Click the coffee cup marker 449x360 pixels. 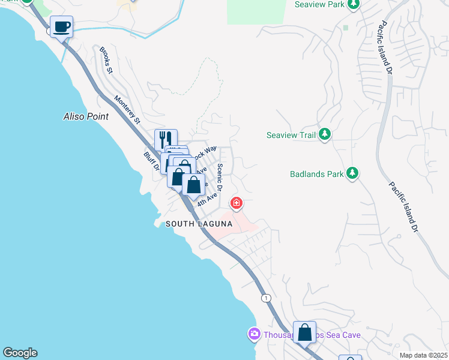pyautogui.click(x=62, y=27)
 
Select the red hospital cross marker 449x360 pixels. pyautogui.click(x=237, y=204)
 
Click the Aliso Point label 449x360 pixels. pyautogui.click(x=86, y=116)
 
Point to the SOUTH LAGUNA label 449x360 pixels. pyautogui.click(x=199, y=224)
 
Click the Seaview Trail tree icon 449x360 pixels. pyautogui.click(x=325, y=134)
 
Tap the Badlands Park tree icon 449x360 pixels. pyautogui.click(x=352, y=175)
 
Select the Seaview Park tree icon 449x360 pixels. pyautogui.click(x=354, y=5)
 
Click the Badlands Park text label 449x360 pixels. pyautogui.click(x=316, y=175)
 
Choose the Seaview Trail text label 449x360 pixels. pyautogui.click(x=291, y=135)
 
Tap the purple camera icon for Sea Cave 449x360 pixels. pyautogui.click(x=254, y=334)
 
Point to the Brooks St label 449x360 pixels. pyautogui.click(x=107, y=60)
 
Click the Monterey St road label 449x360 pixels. pyautogui.click(x=127, y=110)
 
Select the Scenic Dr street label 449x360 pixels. pyautogui.click(x=220, y=178)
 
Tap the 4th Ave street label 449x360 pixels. pyautogui.click(x=208, y=199)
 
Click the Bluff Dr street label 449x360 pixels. pyautogui.click(x=151, y=161)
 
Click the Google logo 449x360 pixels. pyautogui.click(x=19, y=353)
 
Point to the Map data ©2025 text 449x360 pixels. pyautogui.click(x=424, y=355)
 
